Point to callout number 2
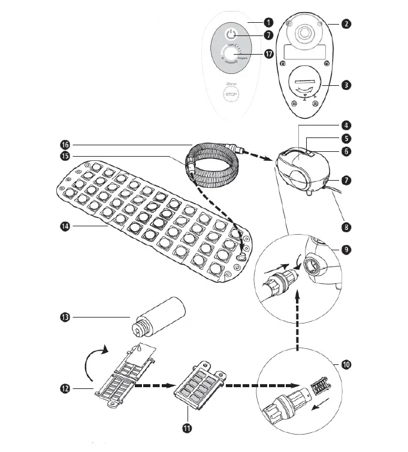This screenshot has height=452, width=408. point(346,25)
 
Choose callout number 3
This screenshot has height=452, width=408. point(346,85)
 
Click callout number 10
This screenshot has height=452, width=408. point(346,364)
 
